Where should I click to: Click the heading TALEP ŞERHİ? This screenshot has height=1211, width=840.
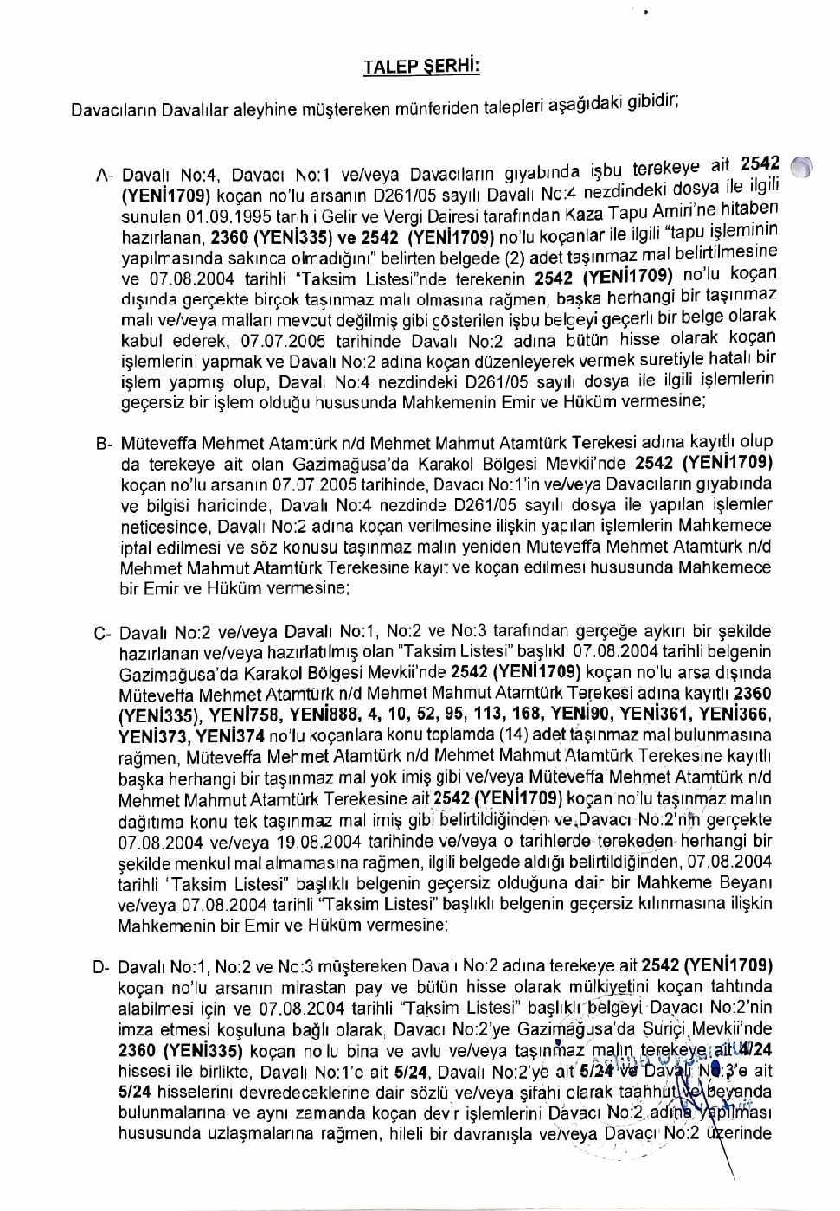[421, 67]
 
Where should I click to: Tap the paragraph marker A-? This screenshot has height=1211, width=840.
[103, 176]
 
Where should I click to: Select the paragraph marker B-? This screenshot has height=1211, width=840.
[103, 444]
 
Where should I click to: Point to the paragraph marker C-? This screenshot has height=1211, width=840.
[101, 633]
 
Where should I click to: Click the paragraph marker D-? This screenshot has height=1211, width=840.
[100, 967]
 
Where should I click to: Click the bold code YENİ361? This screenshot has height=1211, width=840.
[654, 714]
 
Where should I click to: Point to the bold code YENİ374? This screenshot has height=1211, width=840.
[229, 736]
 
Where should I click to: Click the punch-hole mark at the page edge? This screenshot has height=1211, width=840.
[802, 167]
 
